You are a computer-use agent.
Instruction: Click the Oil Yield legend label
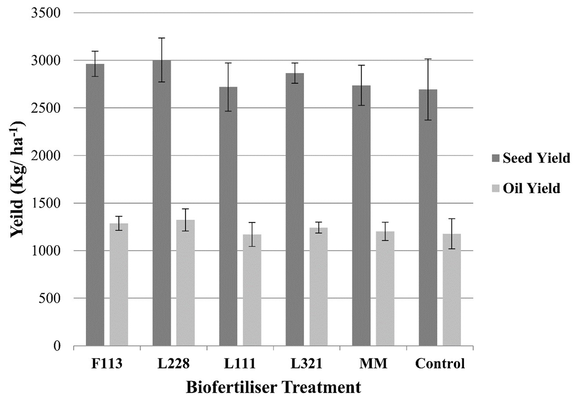531,188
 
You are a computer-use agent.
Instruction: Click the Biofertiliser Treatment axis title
273,386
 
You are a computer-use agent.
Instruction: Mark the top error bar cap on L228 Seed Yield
161,38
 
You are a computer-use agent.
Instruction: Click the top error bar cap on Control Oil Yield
452,219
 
